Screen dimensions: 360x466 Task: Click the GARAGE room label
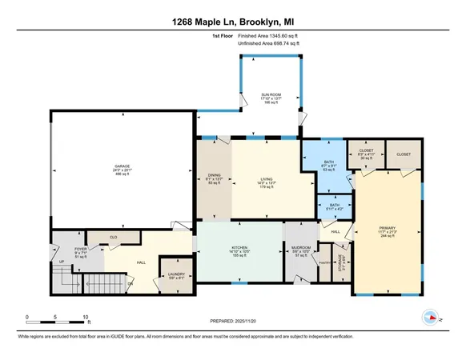[121, 166]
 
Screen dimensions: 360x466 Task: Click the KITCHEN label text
[239, 249]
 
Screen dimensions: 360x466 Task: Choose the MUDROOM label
[302, 249]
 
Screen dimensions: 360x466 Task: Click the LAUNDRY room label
[176, 273]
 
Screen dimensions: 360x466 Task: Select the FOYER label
[81, 249]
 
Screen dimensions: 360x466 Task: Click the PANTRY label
[325, 262]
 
